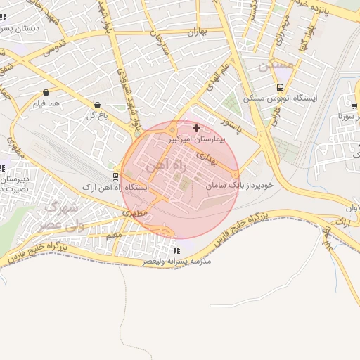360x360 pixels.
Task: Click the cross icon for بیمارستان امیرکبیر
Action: tap(196, 129)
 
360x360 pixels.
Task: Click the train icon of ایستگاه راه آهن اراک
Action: tap(115, 176)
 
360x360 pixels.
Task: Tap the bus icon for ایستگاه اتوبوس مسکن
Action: tap(281, 88)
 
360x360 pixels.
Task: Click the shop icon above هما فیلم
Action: tap(46, 93)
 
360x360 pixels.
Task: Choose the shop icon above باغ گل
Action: tap(97, 105)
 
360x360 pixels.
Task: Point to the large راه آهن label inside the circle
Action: tap(162, 166)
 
